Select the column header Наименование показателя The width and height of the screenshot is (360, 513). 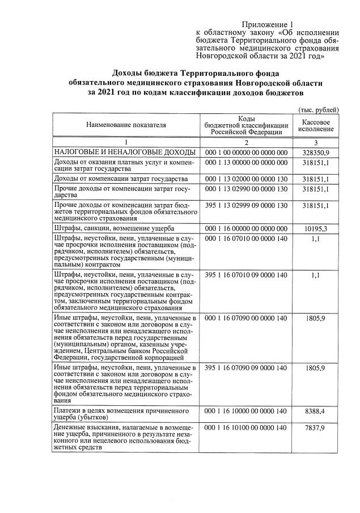(126, 124)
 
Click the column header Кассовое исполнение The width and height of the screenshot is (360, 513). (316, 125)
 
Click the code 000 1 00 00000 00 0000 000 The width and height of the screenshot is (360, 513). (245, 152)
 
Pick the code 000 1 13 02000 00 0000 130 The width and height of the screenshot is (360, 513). (245, 179)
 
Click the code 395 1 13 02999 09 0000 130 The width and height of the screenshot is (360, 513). (245, 205)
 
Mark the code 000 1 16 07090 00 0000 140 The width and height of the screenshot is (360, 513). (245, 319)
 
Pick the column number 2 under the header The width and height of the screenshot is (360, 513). (246, 142)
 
